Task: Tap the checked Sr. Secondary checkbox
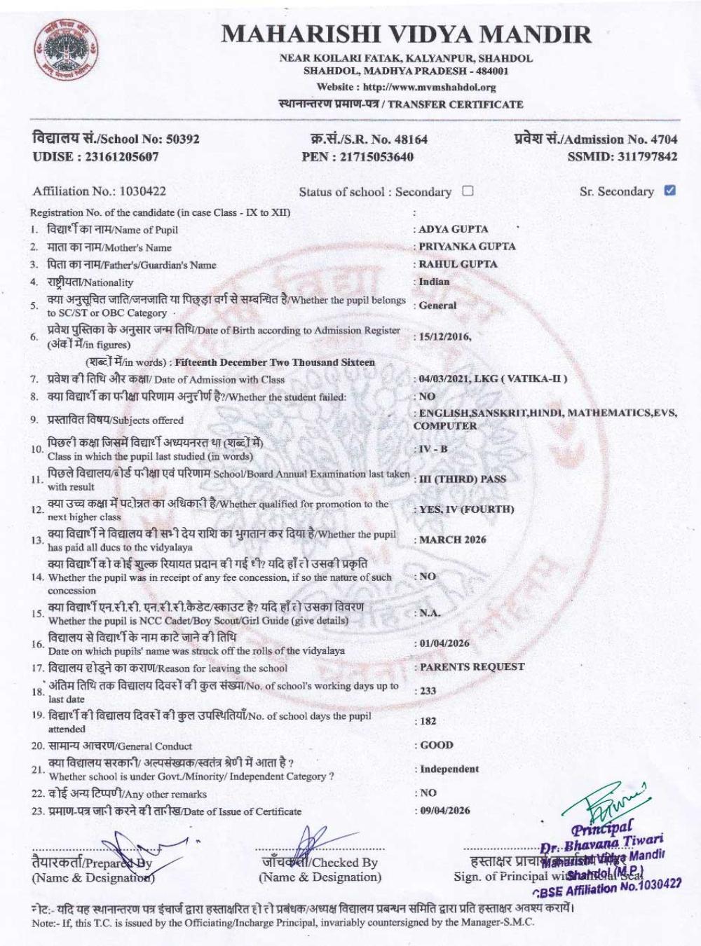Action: pyautogui.click(x=669, y=190)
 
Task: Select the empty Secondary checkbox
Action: pyautogui.click(x=468, y=191)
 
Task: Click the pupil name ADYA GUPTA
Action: pyautogui.click(x=453, y=229)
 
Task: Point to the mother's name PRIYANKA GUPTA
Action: pyautogui.click(x=467, y=247)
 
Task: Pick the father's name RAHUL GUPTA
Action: pyautogui.click(x=458, y=264)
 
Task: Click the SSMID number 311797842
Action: pyautogui.click(x=648, y=156)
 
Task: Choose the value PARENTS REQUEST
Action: pyautogui.click(x=472, y=666)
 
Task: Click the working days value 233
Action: pyautogui.click(x=428, y=691)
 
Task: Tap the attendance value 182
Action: pyautogui.click(x=428, y=721)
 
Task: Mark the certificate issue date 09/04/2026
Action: pyautogui.click(x=444, y=811)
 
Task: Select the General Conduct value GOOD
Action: pyautogui.click(x=436, y=745)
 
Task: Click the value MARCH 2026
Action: pyautogui.click(x=452, y=540)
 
